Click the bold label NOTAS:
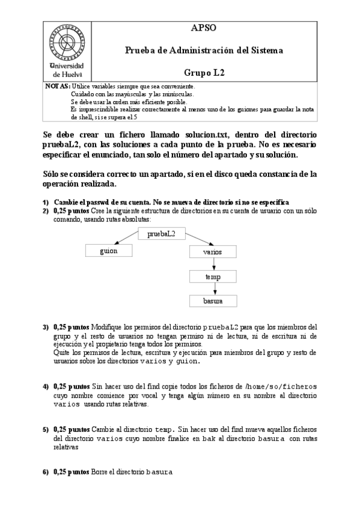point(57,87)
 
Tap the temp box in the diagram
point(213,277)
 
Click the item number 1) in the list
point(46,202)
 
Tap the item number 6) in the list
point(46,472)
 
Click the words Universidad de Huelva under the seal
point(68,70)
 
